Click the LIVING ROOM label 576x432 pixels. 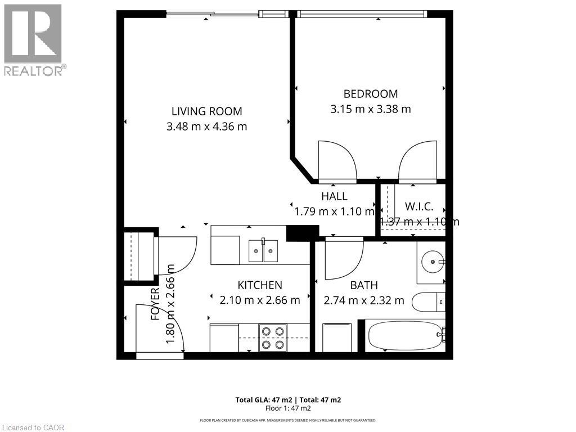pos(206,111)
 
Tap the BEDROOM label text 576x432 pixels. pos(370,94)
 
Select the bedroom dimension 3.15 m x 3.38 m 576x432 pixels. pos(370,109)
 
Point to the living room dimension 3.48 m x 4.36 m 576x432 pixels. pos(206,127)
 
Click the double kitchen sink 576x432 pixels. pos(263,250)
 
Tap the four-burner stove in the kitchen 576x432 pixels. pos(273,337)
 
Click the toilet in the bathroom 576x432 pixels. pos(429,303)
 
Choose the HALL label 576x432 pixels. pos(334,196)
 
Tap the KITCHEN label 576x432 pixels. pos(259,285)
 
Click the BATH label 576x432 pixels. pos(364,285)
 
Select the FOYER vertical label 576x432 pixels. pos(156,304)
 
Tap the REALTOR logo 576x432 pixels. pos(33,39)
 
